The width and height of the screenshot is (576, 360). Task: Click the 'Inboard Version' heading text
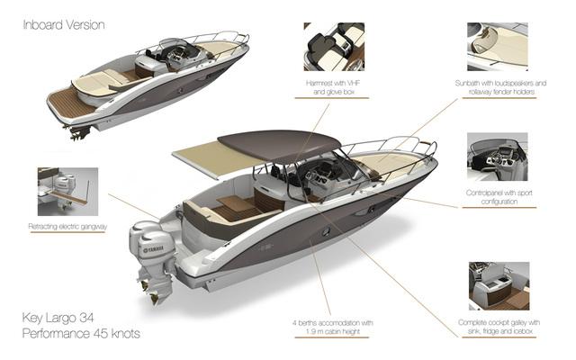pos(64,24)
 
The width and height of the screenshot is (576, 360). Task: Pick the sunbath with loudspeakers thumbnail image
pos(497,46)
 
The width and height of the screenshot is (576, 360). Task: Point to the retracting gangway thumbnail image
pos(67,191)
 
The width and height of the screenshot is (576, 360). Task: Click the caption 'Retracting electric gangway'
pos(67,227)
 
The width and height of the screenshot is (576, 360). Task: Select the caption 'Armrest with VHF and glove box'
pos(333,86)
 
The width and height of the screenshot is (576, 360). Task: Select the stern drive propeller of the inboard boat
pos(76,134)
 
